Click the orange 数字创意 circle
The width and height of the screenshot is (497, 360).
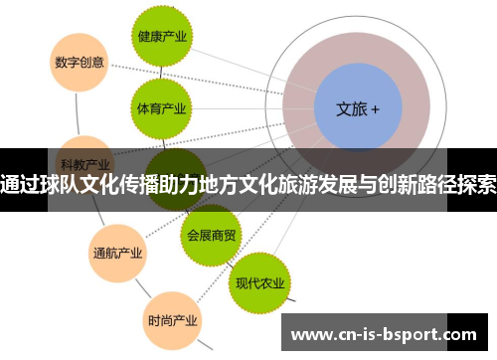coord(79,61)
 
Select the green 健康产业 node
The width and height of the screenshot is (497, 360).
coord(161,37)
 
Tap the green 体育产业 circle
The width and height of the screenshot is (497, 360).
coord(161,106)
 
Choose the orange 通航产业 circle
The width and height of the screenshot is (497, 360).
coord(118,251)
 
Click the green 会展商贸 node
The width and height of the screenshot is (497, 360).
coord(212,236)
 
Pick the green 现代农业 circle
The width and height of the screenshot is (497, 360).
coord(260,282)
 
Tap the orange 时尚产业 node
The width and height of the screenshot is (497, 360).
coord(172,320)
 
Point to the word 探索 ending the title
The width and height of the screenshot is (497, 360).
coord(475,183)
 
